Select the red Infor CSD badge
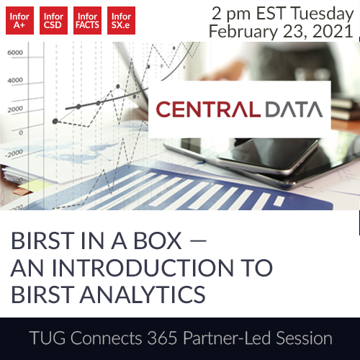point(53,21)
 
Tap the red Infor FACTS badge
point(88,21)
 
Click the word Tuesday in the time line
point(318,12)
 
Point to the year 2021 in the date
point(333,32)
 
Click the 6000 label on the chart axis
point(16,53)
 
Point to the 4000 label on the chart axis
point(16,81)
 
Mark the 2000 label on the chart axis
point(16,109)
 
